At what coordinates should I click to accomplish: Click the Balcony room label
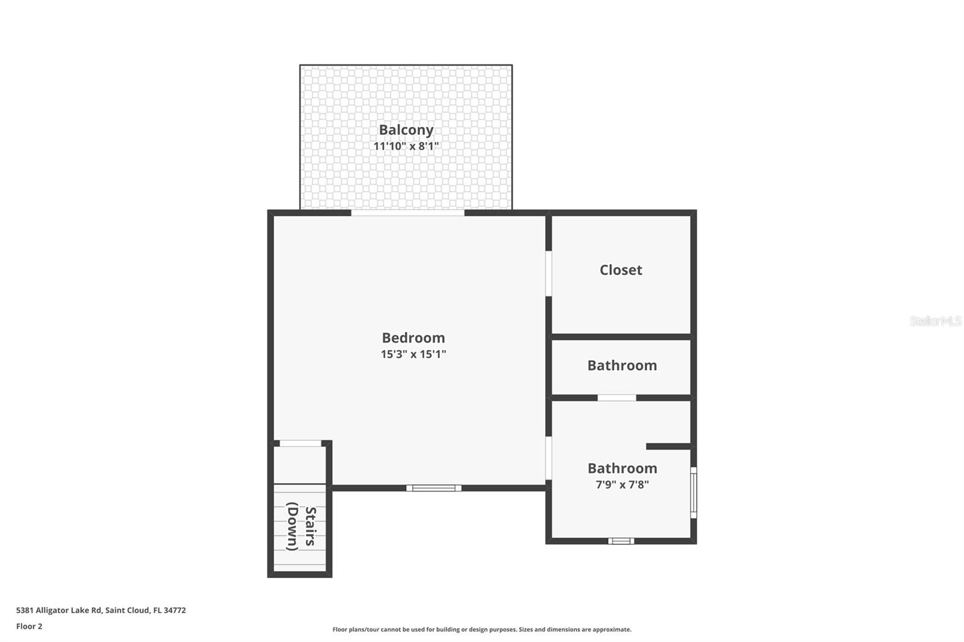pos(406,130)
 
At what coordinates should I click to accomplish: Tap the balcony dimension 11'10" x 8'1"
pos(406,146)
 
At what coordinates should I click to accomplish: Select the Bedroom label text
pos(413,338)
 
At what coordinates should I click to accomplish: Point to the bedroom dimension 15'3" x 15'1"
pos(413,354)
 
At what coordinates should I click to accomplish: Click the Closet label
pos(621,270)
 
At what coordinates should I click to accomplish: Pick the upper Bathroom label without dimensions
pos(622,366)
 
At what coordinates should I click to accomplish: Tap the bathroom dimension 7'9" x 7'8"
pos(622,485)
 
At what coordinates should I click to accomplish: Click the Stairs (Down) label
pos(301,528)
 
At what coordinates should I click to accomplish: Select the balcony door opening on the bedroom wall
pos(408,213)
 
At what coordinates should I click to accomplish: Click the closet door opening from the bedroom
pos(548,273)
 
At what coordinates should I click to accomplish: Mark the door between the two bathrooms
pos(616,397)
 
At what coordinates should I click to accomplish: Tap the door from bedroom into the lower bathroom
pos(548,458)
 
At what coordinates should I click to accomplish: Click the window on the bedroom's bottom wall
pos(434,488)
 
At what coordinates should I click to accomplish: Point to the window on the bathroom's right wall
pos(693,492)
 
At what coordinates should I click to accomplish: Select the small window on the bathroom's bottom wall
pos(621,541)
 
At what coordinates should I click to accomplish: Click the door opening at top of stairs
pos(301,444)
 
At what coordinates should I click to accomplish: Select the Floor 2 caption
pos(29,626)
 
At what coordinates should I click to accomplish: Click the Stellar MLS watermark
pos(935,321)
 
